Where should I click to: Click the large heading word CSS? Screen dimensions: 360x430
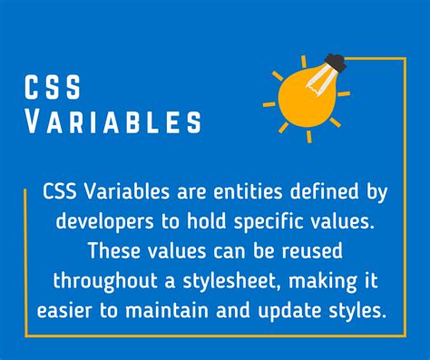coord(54,89)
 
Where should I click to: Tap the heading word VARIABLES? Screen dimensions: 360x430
coord(113,121)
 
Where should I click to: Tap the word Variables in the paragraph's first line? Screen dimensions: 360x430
coord(126,191)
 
